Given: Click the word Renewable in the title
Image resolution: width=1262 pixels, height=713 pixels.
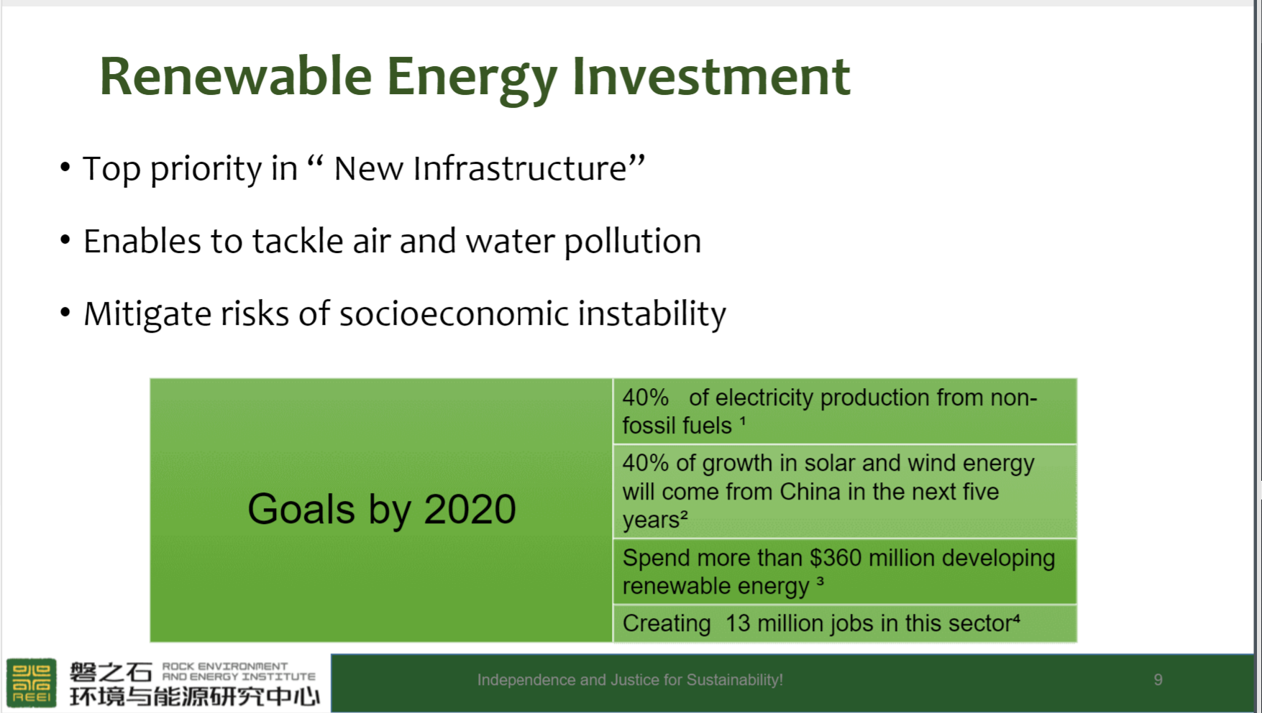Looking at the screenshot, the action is (236, 76).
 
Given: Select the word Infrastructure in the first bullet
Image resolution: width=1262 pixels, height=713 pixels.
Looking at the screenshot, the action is (520, 169).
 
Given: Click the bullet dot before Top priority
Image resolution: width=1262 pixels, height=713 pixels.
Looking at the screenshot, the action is (65, 167).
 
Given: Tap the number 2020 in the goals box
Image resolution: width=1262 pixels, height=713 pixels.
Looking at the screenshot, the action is (470, 510).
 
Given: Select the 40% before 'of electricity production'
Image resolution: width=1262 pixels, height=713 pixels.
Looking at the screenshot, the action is (646, 397).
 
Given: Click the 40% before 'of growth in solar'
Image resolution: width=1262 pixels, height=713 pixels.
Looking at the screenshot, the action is (646, 463).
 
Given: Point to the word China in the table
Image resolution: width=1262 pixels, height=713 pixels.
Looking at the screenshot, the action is (810, 492).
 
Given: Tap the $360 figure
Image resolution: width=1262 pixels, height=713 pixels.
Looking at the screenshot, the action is (836, 558).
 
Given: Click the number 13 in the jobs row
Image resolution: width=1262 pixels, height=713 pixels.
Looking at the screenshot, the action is (738, 623).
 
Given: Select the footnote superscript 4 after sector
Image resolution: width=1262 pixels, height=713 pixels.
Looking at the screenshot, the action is (1017, 617).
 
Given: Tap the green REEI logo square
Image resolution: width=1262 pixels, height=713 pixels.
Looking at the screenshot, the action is (32, 682).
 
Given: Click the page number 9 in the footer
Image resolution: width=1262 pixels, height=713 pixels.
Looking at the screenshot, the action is (1158, 680).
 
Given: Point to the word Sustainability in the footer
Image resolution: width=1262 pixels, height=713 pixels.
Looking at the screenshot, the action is (735, 680).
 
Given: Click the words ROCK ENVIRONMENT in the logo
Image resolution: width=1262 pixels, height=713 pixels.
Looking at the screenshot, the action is (225, 666).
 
